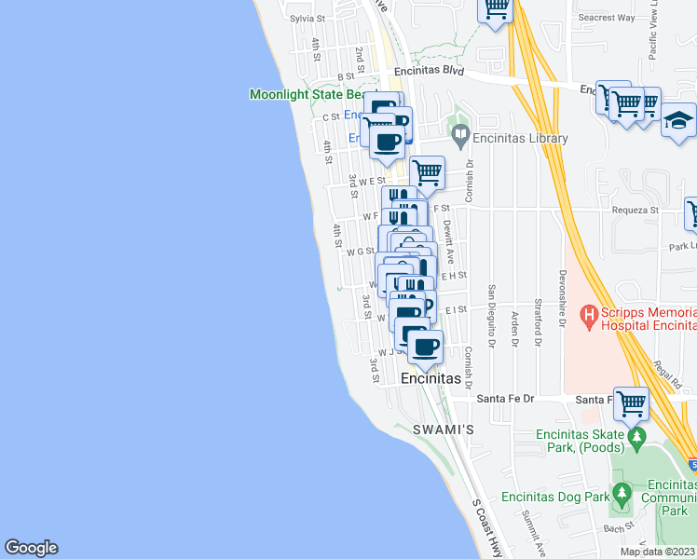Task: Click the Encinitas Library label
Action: (x=520, y=139)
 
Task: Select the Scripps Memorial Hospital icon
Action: (x=589, y=317)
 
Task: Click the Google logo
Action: (x=31, y=548)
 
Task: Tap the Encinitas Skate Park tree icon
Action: (x=637, y=436)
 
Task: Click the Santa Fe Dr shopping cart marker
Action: (x=631, y=403)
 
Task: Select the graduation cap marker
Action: (x=679, y=120)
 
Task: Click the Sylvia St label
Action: (x=307, y=18)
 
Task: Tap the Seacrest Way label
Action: (x=606, y=18)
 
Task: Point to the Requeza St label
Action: (x=635, y=211)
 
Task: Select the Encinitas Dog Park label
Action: (x=554, y=498)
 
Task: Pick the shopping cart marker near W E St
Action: (x=427, y=171)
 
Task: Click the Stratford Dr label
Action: (x=538, y=327)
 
